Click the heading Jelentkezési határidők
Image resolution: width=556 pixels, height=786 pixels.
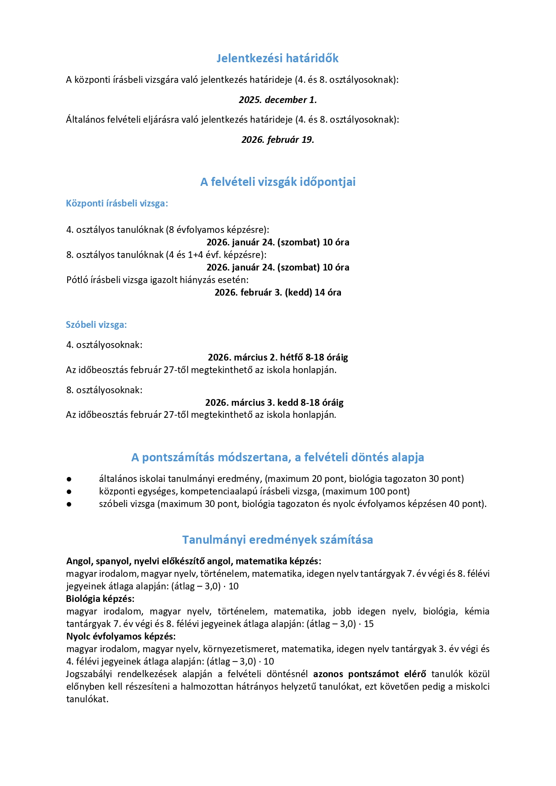coord(277,58)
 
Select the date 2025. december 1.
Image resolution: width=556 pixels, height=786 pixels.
coord(277,100)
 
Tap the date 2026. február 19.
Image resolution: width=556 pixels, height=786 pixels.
coord(277,140)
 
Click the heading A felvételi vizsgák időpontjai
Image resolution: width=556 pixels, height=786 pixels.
coord(277,182)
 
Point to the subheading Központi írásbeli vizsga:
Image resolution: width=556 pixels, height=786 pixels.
coord(117,203)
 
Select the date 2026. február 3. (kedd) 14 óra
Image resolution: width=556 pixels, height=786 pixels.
coord(277,292)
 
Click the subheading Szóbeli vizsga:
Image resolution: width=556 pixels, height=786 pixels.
coord(96,325)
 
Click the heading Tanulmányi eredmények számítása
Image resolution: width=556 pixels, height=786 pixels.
coord(277,540)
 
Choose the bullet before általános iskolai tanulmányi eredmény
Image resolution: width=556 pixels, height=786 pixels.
coord(69,479)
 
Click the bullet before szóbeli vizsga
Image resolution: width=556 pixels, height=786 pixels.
coord(69,504)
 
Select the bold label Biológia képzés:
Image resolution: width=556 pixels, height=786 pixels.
coord(100,599)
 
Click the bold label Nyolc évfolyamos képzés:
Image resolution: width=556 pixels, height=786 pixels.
coord(121,636)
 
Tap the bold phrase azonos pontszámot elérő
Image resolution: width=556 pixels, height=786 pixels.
coord(370,674)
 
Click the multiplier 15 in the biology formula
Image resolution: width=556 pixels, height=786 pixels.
coord(369,624)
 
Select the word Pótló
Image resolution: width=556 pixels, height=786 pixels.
coord(77,280)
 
